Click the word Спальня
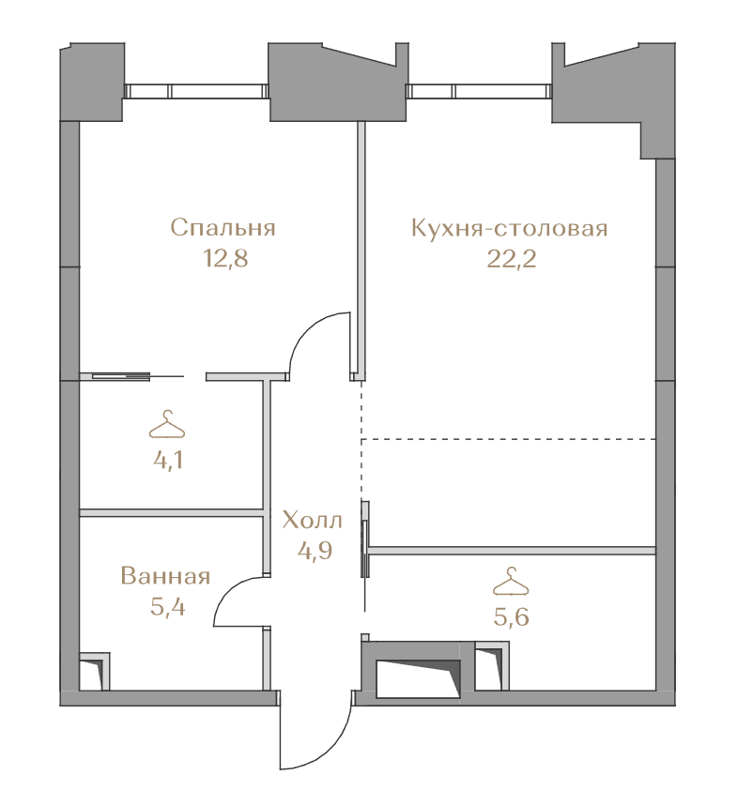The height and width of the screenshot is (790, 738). (x=223, y=228)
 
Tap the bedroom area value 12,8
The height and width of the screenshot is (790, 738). (x=225, y=259)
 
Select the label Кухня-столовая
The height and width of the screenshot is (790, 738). (x=510, y=228)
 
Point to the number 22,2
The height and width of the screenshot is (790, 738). (x=511, y=259)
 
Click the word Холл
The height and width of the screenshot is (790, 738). (x=312, y=520)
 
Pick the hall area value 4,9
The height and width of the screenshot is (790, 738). (x=315, y=550)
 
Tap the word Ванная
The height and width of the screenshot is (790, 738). (x=165, y=576)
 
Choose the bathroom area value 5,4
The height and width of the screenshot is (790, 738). (x=168, y=607)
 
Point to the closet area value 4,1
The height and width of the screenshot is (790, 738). (x=168, y=461)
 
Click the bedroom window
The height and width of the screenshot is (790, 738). (x=196, y=91)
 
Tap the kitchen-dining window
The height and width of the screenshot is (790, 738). (x=479, y=91)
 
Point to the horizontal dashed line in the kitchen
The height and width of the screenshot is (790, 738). (x=509, y=439)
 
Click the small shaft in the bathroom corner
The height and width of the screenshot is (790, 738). (x=95, y=672)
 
